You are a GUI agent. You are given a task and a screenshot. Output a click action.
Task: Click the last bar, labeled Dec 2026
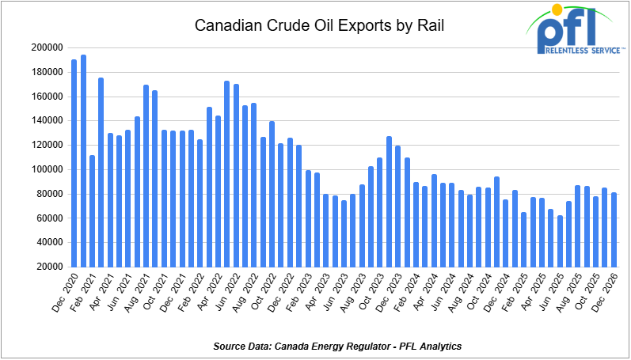[x=614, y=229]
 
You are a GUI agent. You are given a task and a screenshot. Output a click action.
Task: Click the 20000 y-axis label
[x=49, y=267]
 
